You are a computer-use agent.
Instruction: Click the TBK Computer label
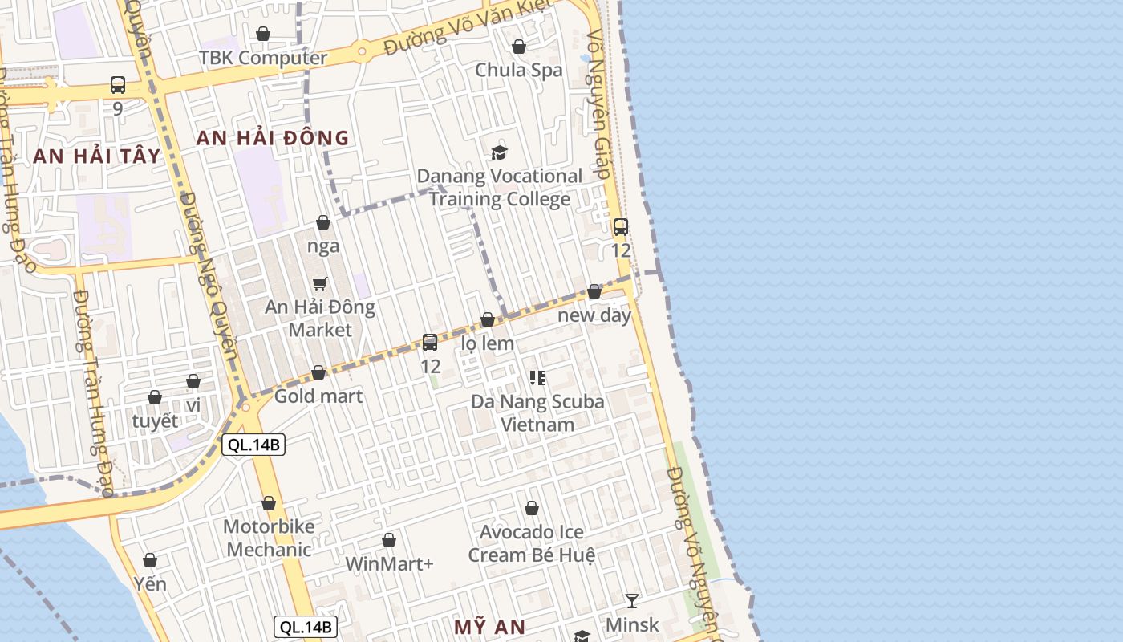263,58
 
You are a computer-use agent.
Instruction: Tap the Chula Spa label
519,70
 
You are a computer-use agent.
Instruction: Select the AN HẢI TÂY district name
97,156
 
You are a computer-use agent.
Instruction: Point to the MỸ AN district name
489,627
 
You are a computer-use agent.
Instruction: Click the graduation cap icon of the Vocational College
500,152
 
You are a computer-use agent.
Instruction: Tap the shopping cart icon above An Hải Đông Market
320,283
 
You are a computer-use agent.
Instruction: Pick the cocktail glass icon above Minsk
632,600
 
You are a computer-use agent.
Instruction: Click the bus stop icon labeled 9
118,84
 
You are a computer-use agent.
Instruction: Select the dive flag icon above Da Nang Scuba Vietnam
537,377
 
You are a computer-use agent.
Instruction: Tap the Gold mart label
318,396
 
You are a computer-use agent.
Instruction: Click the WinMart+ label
389,564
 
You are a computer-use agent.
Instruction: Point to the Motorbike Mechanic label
268,538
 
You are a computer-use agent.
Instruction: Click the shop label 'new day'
594,315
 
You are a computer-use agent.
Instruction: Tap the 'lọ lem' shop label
488,343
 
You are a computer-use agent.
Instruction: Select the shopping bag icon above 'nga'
323,222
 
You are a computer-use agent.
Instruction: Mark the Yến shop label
150,583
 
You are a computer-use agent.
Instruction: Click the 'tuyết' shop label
155,421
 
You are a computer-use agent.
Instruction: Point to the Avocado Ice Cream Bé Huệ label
532,543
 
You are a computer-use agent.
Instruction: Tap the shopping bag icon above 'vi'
193,381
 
